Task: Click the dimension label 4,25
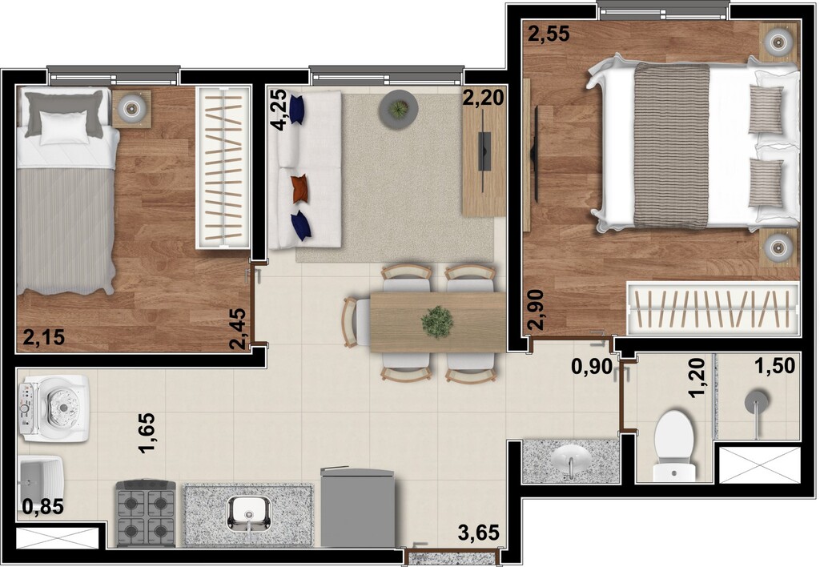coord(278,111)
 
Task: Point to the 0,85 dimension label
coord(42,506)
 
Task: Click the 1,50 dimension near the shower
coord(774,366)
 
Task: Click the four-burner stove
coord(147,513)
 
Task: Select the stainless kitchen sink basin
coord(247,512)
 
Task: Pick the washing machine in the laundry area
coord(54,408)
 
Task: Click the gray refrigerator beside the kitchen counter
coord(358,509)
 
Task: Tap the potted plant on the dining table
coord(437,322)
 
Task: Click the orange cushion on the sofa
coord(299,188)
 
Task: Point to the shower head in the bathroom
coord(756,401)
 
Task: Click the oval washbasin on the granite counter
coord(571,460)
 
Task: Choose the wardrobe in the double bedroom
coord(713,308)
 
